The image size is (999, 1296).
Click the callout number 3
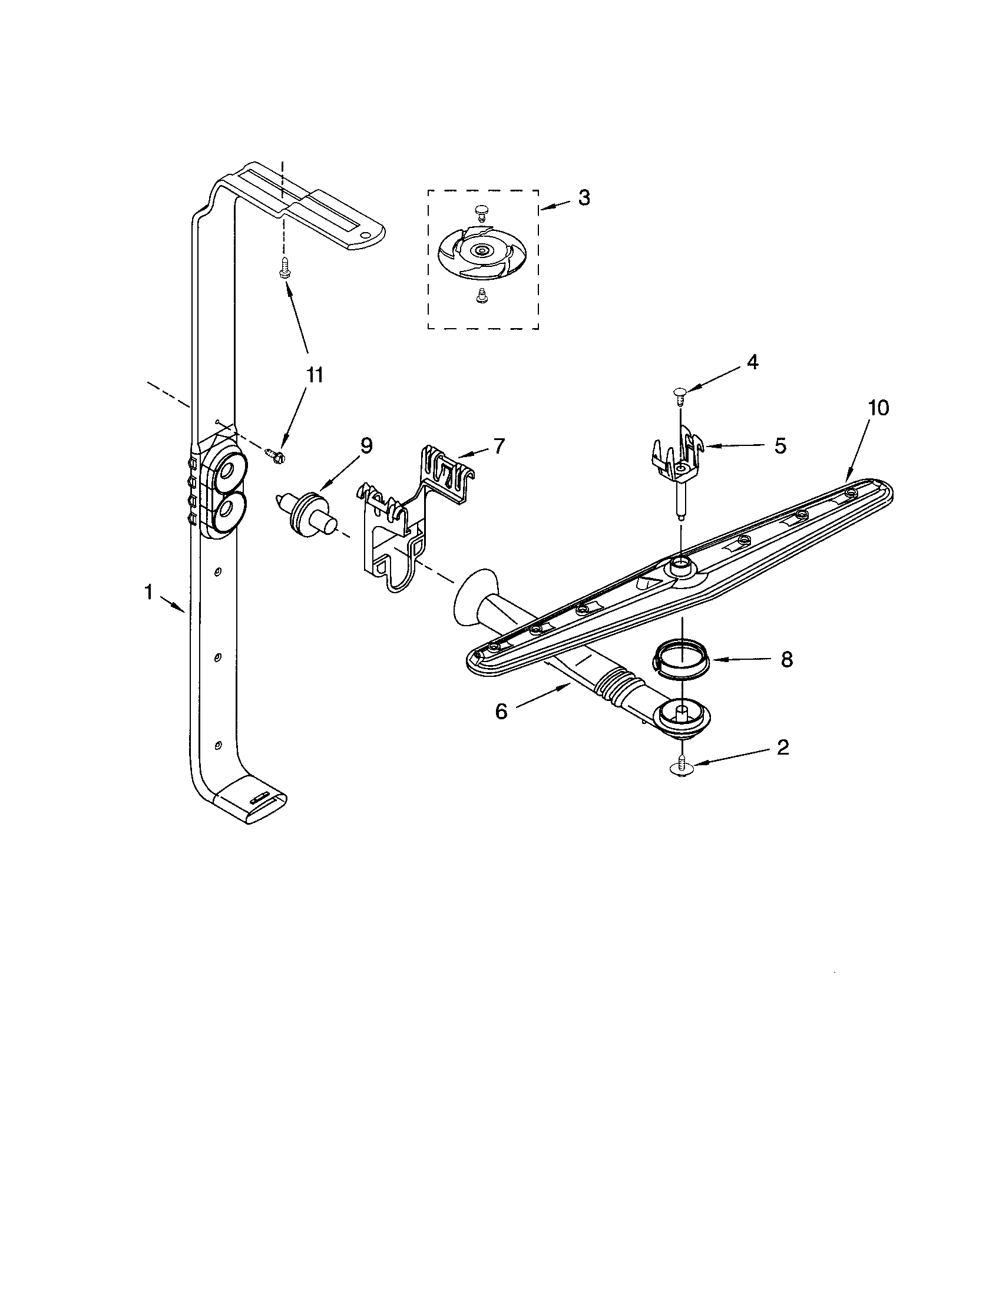[x=584, y=198]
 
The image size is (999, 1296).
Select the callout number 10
[x=879, y=408]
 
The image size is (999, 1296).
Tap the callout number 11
[x=315, y=375]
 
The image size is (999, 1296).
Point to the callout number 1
[x=148, y=591]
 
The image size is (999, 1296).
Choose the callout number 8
[x=786, y=659]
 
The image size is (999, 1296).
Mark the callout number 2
[x=782, y=748]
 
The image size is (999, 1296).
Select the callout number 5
[x=780, y=446]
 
